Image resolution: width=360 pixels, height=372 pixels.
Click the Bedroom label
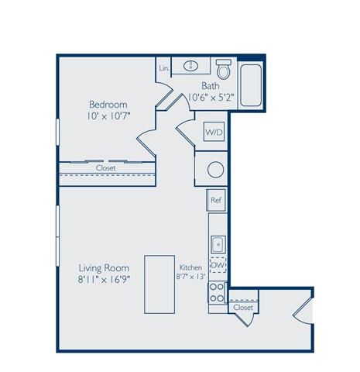(x=108, y=105)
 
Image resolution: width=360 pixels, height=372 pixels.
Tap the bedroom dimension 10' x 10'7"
(x=108, y=117)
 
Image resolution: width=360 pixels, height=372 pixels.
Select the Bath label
(x=210, y=86)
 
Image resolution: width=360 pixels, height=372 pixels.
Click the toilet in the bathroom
(x=225, y=71)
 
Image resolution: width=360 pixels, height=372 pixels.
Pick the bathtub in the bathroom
(x=250, y=85)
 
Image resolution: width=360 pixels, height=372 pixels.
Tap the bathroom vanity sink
(x=190, y=67)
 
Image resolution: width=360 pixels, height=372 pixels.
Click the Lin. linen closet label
(x=164, y=68)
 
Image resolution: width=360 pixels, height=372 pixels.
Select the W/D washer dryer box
(x=214, y=132)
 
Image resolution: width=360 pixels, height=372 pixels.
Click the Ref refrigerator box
(x=217, y=199)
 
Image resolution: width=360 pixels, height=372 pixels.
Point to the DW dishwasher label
(x=218, y=266)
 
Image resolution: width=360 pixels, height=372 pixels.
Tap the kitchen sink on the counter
(x=218, y=243)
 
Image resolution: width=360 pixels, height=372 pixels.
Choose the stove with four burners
(x=218, y=293)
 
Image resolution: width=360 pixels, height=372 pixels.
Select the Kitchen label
(x=190, y=266)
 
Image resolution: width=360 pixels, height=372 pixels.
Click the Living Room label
(x=103, y=267)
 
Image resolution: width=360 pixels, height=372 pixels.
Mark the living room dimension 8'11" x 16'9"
(x=103, y=279)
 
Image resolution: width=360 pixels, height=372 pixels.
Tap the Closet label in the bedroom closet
(x=106, y=167)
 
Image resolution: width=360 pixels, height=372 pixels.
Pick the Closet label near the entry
(x=243, y=308)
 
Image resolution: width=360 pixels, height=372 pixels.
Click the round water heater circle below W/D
(x=216, y=167)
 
